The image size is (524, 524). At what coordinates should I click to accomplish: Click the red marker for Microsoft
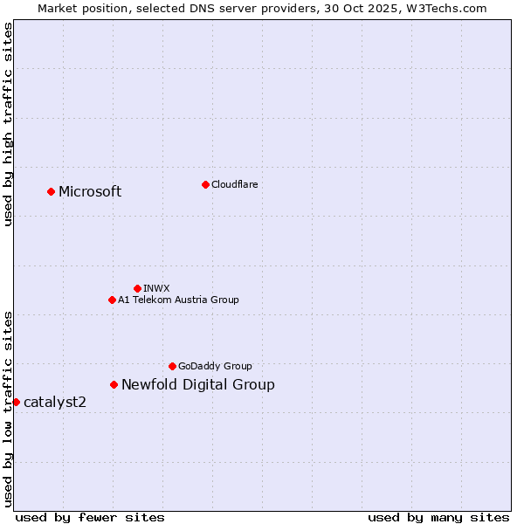(51, 191)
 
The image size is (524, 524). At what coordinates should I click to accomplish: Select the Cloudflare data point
(205, 184)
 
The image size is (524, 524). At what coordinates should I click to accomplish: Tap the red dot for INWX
(137, 288)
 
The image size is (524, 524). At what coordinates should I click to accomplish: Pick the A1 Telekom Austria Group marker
(112, 300)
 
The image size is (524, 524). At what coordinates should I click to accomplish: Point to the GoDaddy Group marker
(172, 366)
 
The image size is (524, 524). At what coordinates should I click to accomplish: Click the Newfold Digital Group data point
(114, 384)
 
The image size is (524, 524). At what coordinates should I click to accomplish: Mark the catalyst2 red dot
(16, 402)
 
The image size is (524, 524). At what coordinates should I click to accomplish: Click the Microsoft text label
(90, 192)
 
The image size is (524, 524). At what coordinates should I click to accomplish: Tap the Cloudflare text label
(234, 184)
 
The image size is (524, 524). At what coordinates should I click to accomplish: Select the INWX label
(156, 288)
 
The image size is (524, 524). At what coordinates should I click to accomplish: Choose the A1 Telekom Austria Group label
(178, 300)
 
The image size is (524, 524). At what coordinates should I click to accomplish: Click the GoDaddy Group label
(215, 366)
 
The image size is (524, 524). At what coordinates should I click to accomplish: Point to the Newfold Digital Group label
(197, 385)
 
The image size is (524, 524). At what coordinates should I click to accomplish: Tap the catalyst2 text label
(55, 403)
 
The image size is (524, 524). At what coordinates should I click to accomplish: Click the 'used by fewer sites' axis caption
(90, 517)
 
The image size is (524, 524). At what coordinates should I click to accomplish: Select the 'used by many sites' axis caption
(438, 517)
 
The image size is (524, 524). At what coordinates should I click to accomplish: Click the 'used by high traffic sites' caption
(9, 124)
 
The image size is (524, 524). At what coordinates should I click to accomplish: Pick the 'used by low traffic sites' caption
(9, 408)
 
